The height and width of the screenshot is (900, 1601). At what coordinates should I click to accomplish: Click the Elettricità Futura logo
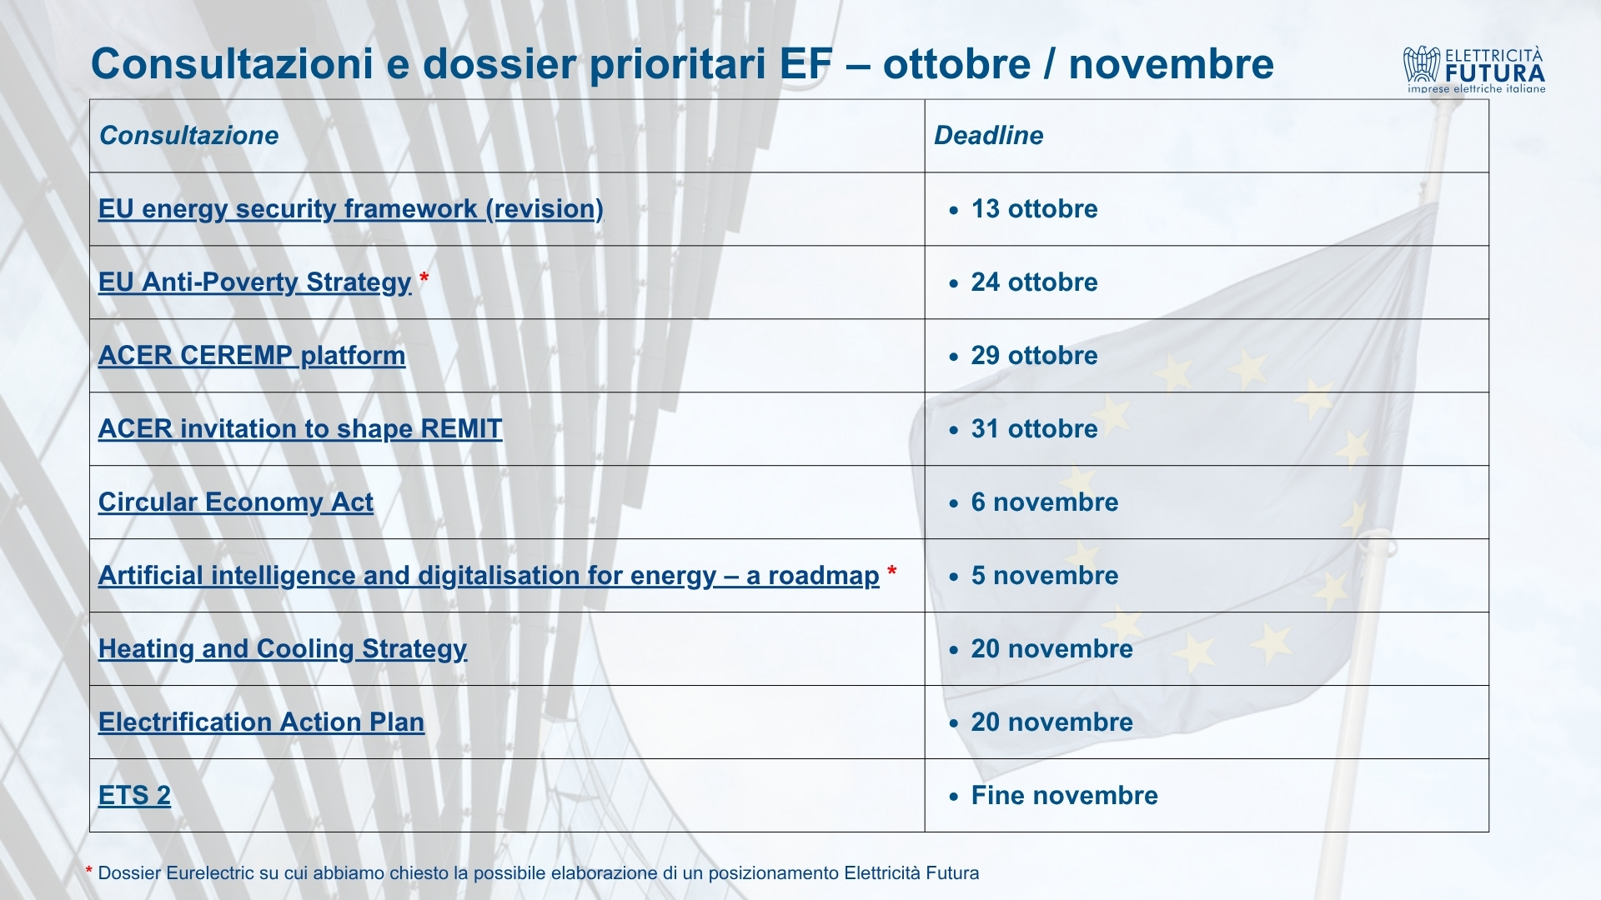coord(1474,69)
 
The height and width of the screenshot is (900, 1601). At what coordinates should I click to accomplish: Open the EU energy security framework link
coord(350,209)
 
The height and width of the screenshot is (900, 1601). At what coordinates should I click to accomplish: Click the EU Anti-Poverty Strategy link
coord(255,282)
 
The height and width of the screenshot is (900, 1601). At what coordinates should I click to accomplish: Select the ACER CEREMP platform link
coord(252,356)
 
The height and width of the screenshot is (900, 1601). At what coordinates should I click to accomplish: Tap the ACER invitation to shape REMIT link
coord(300,429)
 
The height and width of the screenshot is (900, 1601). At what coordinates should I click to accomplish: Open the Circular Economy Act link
coord(236,502)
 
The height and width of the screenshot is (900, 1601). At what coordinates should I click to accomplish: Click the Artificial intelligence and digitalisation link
coord(489,576)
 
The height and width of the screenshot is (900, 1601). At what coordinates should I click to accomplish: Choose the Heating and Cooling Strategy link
coord(283,649)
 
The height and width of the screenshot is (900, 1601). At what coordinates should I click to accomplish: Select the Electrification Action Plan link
coord(261,722)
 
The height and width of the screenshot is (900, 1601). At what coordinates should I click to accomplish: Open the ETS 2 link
coord(134,796)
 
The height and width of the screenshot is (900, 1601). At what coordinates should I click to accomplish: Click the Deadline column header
coord(989,136)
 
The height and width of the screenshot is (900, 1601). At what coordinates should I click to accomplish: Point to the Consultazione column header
coord(189,136)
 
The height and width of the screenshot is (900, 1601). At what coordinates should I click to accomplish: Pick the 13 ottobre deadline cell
coord(1034,209)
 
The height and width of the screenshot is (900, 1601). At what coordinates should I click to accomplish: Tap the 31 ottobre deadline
coord(1034,429)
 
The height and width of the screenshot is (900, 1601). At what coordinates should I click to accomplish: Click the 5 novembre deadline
coord(1045,576)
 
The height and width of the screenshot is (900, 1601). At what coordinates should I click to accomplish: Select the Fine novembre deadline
coord(1065,796)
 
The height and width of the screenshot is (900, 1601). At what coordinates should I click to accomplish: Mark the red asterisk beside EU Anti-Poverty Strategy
coord(424,277)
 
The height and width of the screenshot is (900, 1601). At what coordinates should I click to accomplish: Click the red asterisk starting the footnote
coord(89,870)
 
